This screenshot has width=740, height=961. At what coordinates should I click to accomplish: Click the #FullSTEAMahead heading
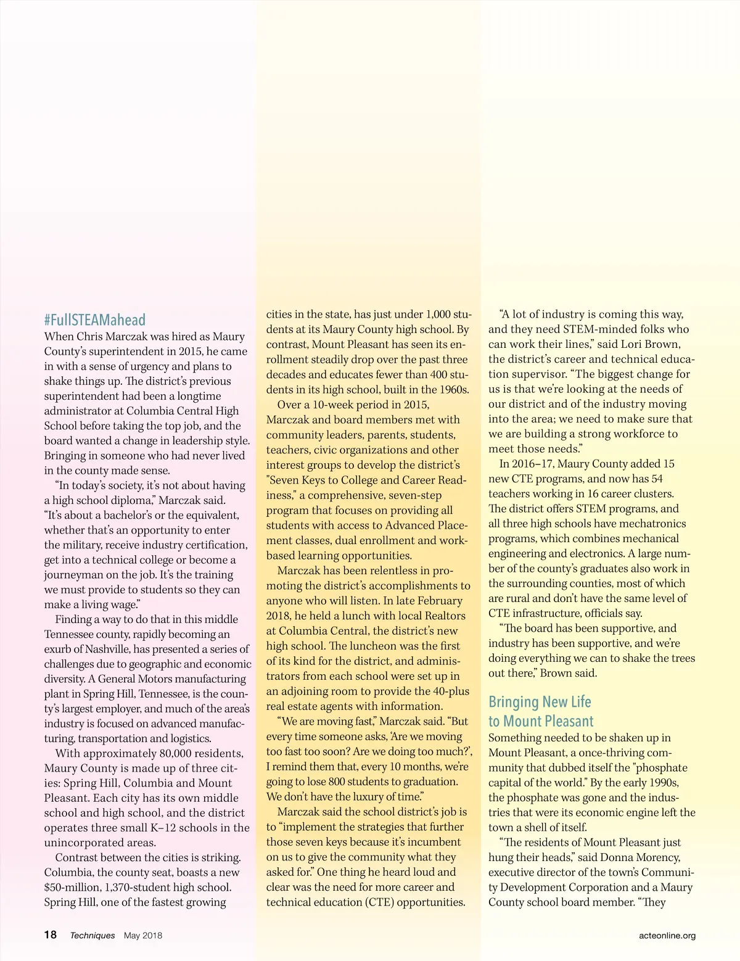click(95, 320)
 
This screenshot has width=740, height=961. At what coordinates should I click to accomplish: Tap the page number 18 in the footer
click(51, 934)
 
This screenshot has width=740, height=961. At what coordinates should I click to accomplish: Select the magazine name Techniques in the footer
click(92, 935)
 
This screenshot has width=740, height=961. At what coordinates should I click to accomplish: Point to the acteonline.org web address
click(667, 935)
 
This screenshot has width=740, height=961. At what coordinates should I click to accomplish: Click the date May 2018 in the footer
click(143, 935)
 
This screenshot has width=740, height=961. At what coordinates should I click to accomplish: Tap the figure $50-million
click(71, 887)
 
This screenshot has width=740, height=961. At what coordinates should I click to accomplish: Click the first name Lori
click(631, 344)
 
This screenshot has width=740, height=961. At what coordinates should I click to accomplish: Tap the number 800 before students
click(337, 782)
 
